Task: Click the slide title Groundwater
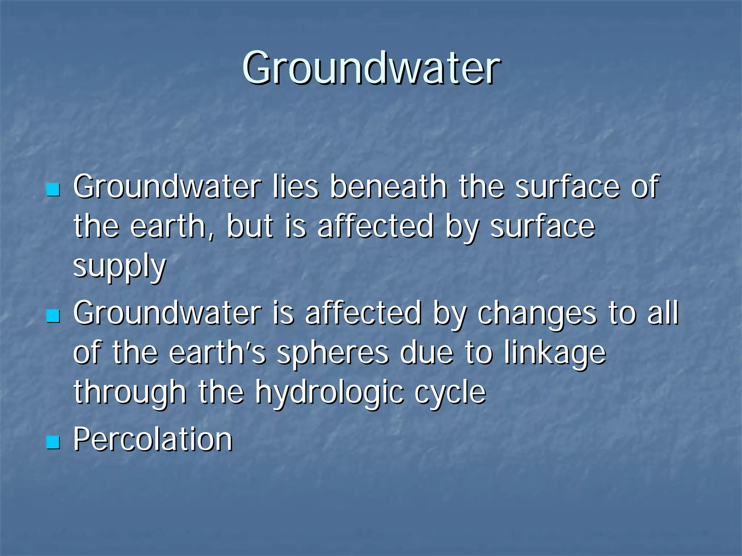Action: (x=371, y=68)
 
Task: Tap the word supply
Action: (x=120, y=266)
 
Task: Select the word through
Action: (x=130, y=393)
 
